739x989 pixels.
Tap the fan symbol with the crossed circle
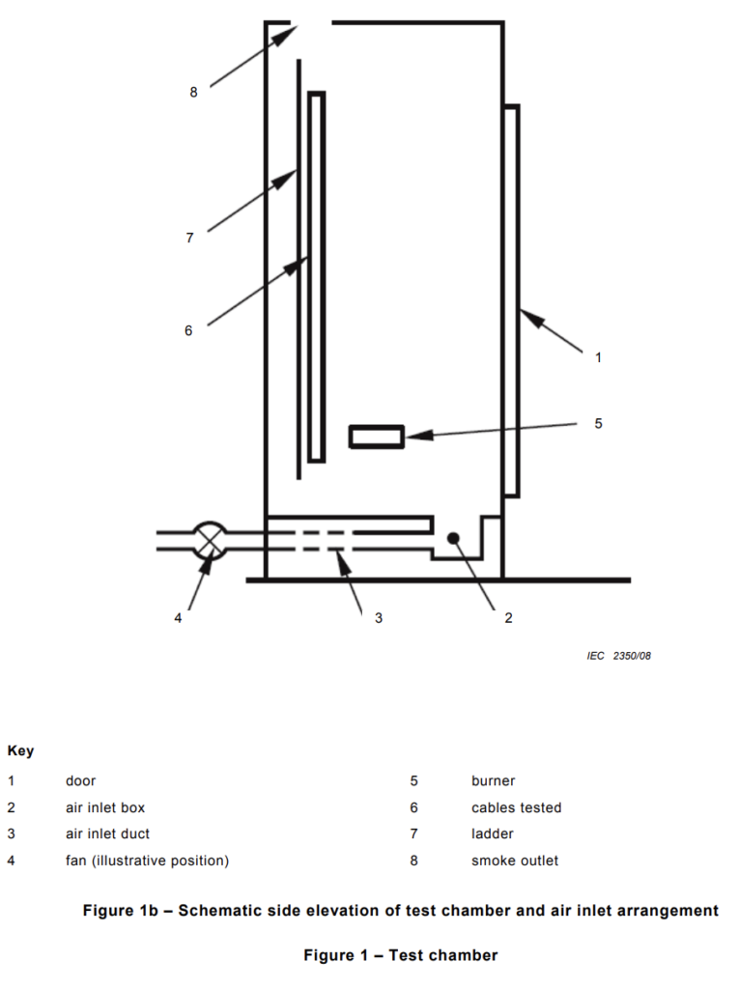[x=210, y=541]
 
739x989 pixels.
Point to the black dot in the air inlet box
[x=453, y=538]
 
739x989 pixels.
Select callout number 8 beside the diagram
[x=194, y=92]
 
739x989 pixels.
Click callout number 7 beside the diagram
[x=189, y=238]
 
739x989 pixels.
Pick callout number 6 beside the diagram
[x=188, y=330]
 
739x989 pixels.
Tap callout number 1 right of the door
[x=598, y=357]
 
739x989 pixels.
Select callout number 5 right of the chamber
[x=598, y=423]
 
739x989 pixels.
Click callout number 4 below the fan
[x=178, y=618]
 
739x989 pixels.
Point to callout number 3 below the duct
[x=379, y=618]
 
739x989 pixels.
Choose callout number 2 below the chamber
[x=509, y=618]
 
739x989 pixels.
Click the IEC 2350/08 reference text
[x=618, y=656]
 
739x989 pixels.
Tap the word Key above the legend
[x=20, y=751]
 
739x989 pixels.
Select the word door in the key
[x=81, y=780]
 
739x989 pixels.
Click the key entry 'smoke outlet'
[x=515, y=861]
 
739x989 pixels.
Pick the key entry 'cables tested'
[x=516, y=807]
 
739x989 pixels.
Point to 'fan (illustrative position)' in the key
[x=147, y=861]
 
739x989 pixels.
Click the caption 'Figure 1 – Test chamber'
[x=401, y=955]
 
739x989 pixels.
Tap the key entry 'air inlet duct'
[x=108, y=834]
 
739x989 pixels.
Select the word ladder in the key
[x=493, y=834]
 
